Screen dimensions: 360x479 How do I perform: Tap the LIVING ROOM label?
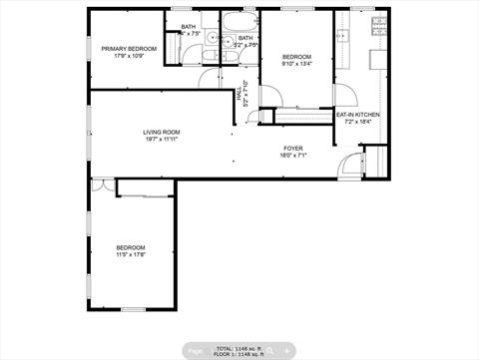pyautogui.click(x=161, y=132)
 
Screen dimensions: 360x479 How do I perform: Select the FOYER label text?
pyautogui.click(x=293, y=148)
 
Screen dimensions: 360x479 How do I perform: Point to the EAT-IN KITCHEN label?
pyautogui.click(x=357, y=115)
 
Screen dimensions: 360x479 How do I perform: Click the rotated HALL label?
pyautogui.click(x=239, y=95)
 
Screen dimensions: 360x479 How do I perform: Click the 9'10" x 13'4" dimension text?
pyautogui.click(x=297, y=64)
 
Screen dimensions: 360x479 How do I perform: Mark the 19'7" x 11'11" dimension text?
pyautogui.click(x=161, y=139)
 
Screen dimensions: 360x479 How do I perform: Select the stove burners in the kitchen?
pyautogui.click(x=379, y=26)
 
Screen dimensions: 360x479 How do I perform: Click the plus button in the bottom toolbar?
pyautogui.click(x=287, y=351)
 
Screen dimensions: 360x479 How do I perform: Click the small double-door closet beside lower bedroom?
pyautogui.click(x=102, y=185)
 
